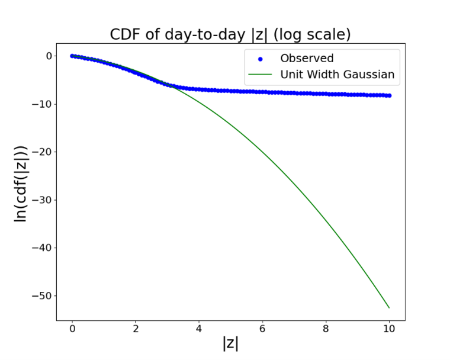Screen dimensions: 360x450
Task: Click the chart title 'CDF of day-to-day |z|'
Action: point(230,34)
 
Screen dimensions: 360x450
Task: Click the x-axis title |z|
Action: point(230,342)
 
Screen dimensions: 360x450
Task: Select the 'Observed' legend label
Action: point(307,58)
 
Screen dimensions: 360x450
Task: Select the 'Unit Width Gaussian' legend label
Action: point(337,75)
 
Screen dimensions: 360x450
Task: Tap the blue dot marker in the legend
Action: point(260,59)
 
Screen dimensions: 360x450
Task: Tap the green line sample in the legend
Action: point(260,75)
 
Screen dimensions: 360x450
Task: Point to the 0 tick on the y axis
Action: point(49,56)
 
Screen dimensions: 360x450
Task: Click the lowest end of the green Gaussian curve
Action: point(389,307)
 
